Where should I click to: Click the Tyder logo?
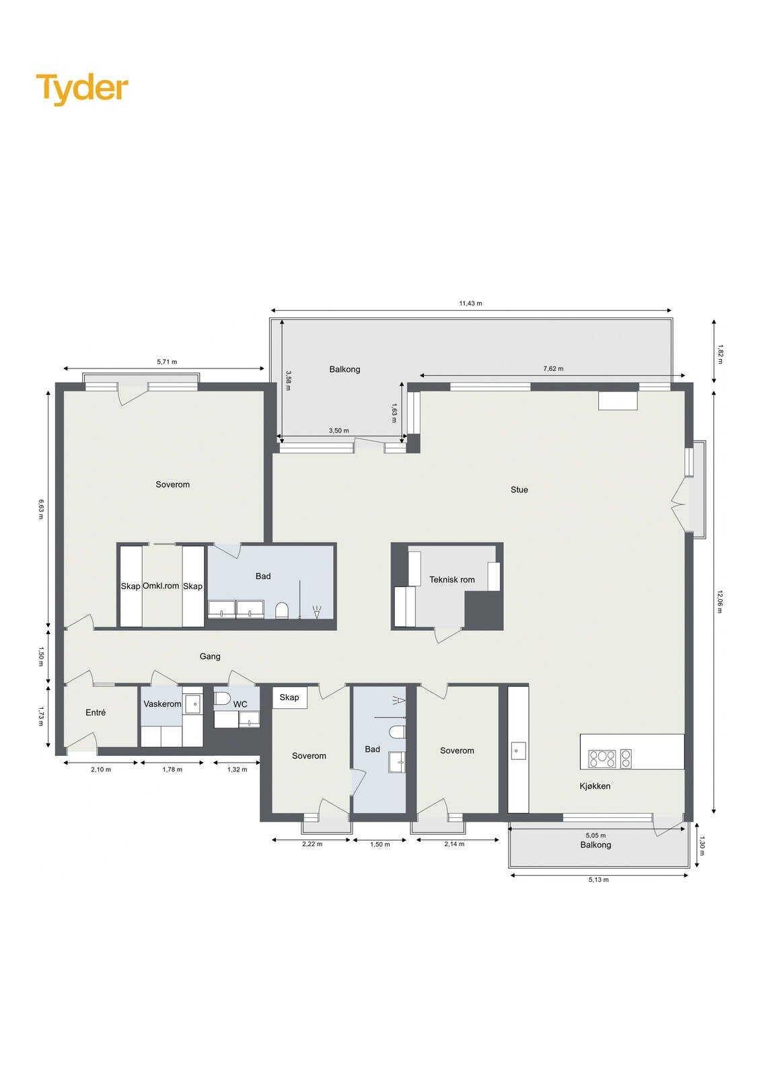[82, 89]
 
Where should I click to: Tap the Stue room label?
[519, 490]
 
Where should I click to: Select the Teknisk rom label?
[452, 580]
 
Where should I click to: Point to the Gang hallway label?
[210, 656]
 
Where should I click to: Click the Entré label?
[95, 712]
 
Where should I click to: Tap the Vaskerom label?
[162, 703]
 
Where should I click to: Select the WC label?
[240, 704]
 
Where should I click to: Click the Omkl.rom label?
[161, 586]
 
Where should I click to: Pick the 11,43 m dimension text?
[470, 303]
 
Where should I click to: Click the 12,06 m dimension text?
[720, 601]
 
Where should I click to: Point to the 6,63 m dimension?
[41, 509]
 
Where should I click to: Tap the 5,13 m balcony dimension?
[599, 880]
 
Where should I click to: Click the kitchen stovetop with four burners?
[602, 759]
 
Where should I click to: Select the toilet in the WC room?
[223, 699]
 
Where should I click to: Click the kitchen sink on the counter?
[518, 751]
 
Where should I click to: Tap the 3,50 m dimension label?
[338, 430]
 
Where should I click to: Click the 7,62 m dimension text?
[553, 369]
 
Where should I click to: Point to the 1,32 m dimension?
[237, 769]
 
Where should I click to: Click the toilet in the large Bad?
[282, 611]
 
